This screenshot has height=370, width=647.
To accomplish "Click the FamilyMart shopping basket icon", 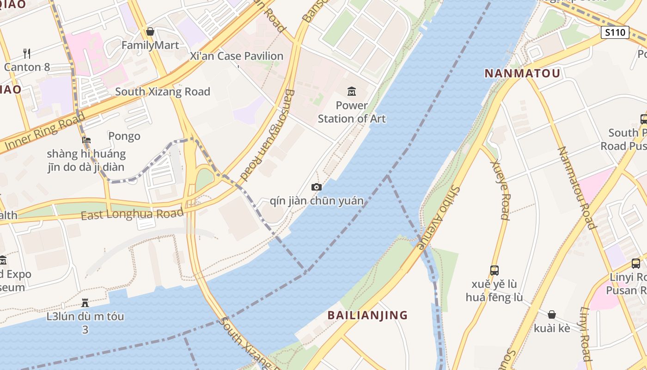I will [x=150, y=31].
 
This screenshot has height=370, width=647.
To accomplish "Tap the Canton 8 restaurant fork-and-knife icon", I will [x=27, y=54].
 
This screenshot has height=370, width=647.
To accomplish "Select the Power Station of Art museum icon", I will [x=351, y=91].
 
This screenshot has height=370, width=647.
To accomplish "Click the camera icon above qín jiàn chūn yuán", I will [x=317, y=187].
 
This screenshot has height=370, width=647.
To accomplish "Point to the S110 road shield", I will [x=615, y=32].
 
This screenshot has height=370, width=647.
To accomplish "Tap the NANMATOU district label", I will [x=522, y=73].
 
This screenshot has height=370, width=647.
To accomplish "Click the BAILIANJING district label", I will [x=367, y=315].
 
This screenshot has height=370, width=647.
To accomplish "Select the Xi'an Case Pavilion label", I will [x=237, y=56].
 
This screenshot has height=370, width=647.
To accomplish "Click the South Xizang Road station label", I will [x=163, y=92].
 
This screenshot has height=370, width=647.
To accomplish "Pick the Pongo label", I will [x=124, y=136].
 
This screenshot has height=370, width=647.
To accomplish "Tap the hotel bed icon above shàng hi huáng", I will [x=86, y=140].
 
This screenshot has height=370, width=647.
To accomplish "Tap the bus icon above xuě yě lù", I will [x=494, y=270].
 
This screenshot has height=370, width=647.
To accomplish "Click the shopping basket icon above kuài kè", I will [x=551, y=314].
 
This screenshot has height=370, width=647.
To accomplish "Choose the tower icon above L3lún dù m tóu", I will [x=85, y=303].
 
